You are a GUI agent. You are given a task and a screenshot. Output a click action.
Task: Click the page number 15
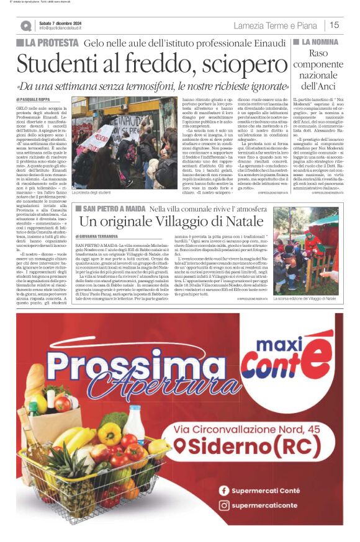pyautogui.click(x=334, y=25)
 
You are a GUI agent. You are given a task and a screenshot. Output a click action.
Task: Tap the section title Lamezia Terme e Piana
pyautogui.click(x=276, y=25)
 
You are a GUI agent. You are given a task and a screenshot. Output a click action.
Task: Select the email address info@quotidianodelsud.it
pyautogui.click(x=68, y=28)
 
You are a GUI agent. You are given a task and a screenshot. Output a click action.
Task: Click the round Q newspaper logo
pyautogui.click(x=25, y=25)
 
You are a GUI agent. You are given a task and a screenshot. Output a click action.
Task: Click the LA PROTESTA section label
pyautogui.click(x=47, y=43)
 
